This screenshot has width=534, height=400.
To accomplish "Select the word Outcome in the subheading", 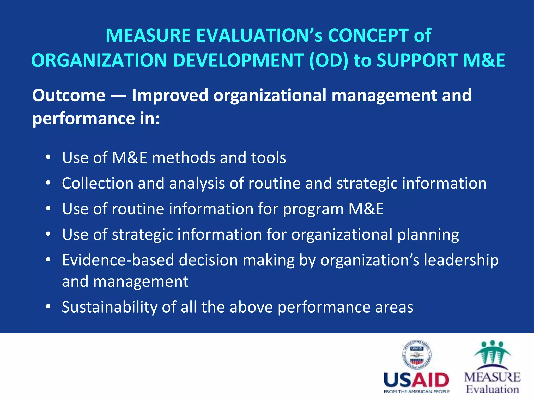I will tap(69, 95).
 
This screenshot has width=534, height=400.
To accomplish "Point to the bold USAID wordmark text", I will tap(416, 380).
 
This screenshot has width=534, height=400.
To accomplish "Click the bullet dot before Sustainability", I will tap(48, 307).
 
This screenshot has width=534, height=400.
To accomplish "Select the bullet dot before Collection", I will tap(48, 183).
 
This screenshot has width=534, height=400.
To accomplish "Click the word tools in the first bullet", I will tap(268, 158).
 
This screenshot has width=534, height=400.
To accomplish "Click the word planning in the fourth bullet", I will tap(428, 235).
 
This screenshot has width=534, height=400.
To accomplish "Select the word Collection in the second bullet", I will tap(98, 183).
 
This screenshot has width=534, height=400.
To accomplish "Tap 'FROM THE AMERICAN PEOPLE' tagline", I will tap(416, 392).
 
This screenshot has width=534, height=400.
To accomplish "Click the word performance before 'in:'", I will tap(83, 119).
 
